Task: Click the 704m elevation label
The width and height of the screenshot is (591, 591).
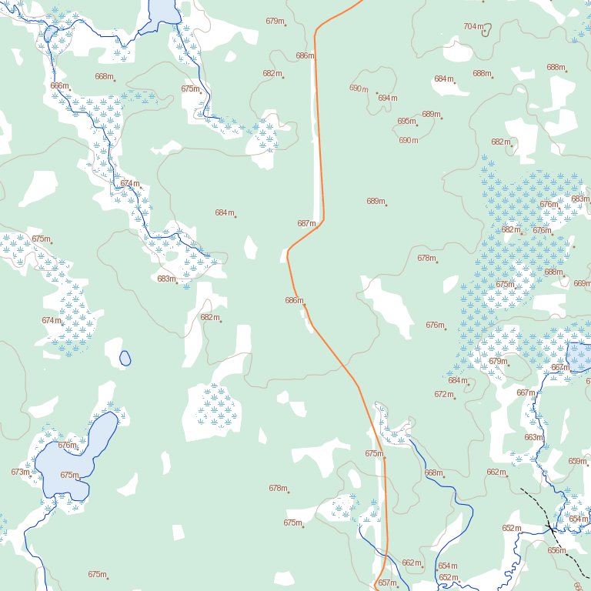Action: click(x=474, y=26)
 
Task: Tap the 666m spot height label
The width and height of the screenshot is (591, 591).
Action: click(x=59, y=85)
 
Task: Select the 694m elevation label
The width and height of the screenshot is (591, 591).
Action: click(x=387, y=98)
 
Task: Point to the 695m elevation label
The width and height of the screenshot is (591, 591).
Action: click(x=406, y=122)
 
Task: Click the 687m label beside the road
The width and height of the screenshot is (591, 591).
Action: click(x=306, y=223)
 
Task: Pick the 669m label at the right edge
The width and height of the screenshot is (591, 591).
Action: click(x=582, y=283)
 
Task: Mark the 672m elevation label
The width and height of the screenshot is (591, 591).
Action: click(x=443, y=394)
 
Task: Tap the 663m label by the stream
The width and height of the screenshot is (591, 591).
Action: click(x=533, y=437)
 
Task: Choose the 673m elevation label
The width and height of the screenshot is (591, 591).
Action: click(x=20, y=472)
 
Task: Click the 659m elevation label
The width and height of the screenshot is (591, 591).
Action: click(x=577, y=461)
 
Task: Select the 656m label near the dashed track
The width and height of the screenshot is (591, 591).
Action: click(x=556, y=550)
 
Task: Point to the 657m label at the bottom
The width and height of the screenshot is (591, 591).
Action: click(x=386, y=583)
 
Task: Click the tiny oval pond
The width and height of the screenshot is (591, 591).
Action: click(x=125, y=358)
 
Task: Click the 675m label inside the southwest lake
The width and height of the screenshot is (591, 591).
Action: click(x=69, y=475)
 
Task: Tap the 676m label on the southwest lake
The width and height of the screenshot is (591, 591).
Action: click(x=68, y=445)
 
